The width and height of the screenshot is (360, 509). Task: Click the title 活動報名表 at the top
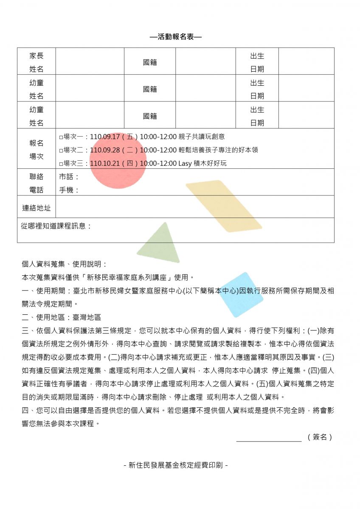coord(176,37)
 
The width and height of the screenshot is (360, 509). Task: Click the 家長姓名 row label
coord(37,62)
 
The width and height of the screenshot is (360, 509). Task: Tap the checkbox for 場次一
coord(61,137)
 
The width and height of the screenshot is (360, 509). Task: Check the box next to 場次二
coord(61,151)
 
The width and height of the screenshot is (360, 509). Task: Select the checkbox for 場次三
coord(61,164)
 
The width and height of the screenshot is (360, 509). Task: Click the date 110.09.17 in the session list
coord(105,137)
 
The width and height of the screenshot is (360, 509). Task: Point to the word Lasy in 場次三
coord(185,163)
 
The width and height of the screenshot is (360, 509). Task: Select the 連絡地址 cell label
coord(37,208)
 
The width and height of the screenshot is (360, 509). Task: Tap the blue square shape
coord(241,295)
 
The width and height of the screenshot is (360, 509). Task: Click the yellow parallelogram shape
coord(223,206)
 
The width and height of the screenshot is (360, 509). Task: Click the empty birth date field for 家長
coord(306,62)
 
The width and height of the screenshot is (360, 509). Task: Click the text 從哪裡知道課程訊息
coord(56,226)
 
